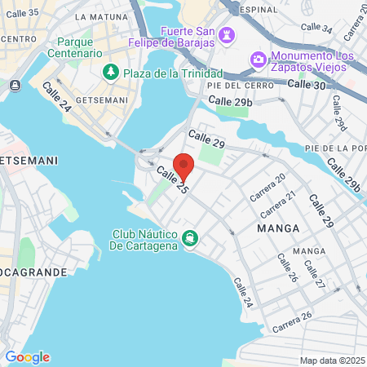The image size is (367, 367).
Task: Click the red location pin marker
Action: tap(184, 166)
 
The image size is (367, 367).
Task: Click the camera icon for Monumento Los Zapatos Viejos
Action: tap(258, 59)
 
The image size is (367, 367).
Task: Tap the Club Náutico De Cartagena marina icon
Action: tap(189, 237)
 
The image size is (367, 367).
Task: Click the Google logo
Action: tap(27, 357)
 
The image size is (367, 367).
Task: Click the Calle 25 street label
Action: tap(172, 180)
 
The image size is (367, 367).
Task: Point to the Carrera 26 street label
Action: tap(293, 321)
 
